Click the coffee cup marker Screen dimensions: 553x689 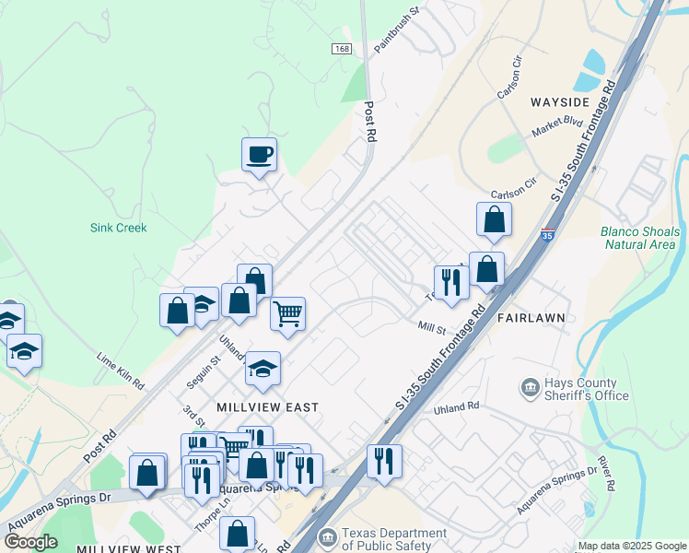pyautogui.click(x=260, y=154)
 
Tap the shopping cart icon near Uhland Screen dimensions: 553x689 pyautogui.click(x=288, y=313)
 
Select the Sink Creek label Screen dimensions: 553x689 pyautogui.click(x=119, y=228)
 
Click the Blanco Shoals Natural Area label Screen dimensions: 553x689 pyautogui.click(x=639, y=238)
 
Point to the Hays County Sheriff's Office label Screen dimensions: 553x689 pyautogui.click(x=586, y=389)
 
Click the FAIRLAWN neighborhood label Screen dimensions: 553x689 pyautogui.click(x=531, y=317)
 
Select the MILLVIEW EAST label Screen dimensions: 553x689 pyautogui.click(x=267, y=406)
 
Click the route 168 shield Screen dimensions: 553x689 pyautogui.click(x=342, y=48)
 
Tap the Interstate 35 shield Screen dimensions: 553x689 pyautogui.click(x=549, y=235)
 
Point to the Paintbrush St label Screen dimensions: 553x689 pyautogui.click(x=398, y=29)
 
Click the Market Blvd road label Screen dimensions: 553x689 pyautogui.click(x=558, y=127)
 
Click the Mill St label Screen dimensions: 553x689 pyautogui.click(x=431, y=327)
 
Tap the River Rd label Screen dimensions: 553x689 pyautogui.click(x=607, y=471)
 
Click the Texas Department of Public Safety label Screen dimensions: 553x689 pyautogui.click(x=393, y=539)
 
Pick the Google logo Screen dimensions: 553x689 pyautogui.click(x=30, y=542)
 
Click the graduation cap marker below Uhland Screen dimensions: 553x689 pyautogui.click(x=263, y=369)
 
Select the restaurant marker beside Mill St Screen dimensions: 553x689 pyautogui.click(x=450, y=281)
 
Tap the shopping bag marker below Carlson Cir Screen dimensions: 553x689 pyautogui.click(x=495, y=218)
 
